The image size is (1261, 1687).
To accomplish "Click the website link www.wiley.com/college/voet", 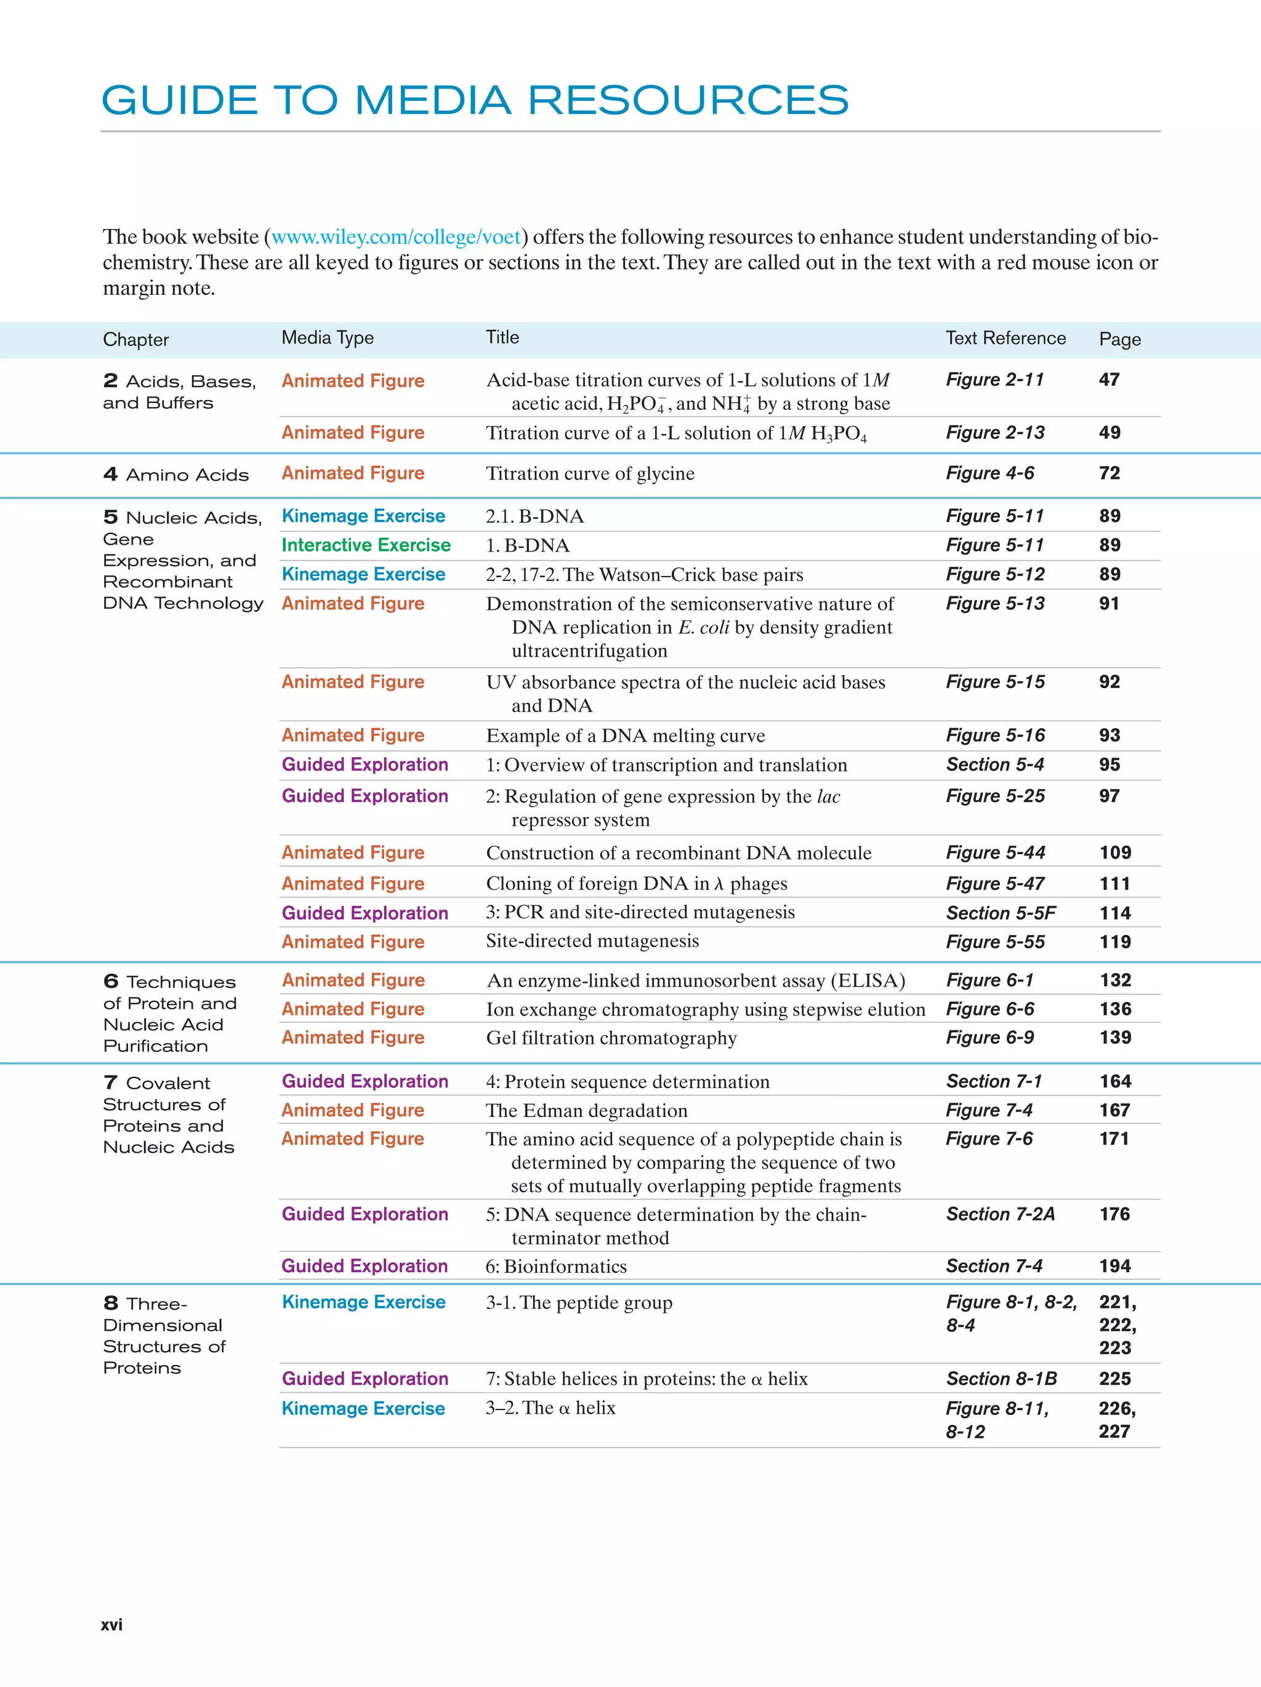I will [x=396, y=237].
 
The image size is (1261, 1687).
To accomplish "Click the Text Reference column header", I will [x=1005, y=338].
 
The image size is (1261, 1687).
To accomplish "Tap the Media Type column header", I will [x=328, y=338].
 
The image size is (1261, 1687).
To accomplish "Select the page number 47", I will [x=1109, y=380].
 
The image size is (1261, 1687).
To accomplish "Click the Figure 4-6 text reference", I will [x=989, y=474].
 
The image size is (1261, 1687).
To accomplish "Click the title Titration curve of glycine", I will [x=590, y=474].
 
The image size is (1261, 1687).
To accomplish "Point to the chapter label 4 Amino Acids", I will [x=176, y=475].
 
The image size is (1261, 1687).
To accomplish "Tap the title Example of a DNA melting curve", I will [x=625, y=736].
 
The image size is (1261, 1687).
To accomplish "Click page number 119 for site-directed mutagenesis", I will [x=1114, y=942].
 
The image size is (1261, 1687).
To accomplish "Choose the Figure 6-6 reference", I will [x=989, y=1009].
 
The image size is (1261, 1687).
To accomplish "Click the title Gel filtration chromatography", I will [x=611, y=1038].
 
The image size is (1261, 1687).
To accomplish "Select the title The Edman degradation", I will [x=586, y=1110].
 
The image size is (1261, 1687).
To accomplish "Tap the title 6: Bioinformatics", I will [x=556, y=1267].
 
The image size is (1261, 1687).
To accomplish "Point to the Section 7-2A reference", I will [x=1000, y=1214].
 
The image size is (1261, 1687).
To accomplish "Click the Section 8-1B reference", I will [x=1001, y=1379].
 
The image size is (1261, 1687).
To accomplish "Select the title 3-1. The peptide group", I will [x=579, y=1302].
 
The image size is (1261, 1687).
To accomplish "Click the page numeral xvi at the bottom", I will [x=111, y=1624].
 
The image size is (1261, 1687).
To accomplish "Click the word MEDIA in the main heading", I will [x=432, y=101].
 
